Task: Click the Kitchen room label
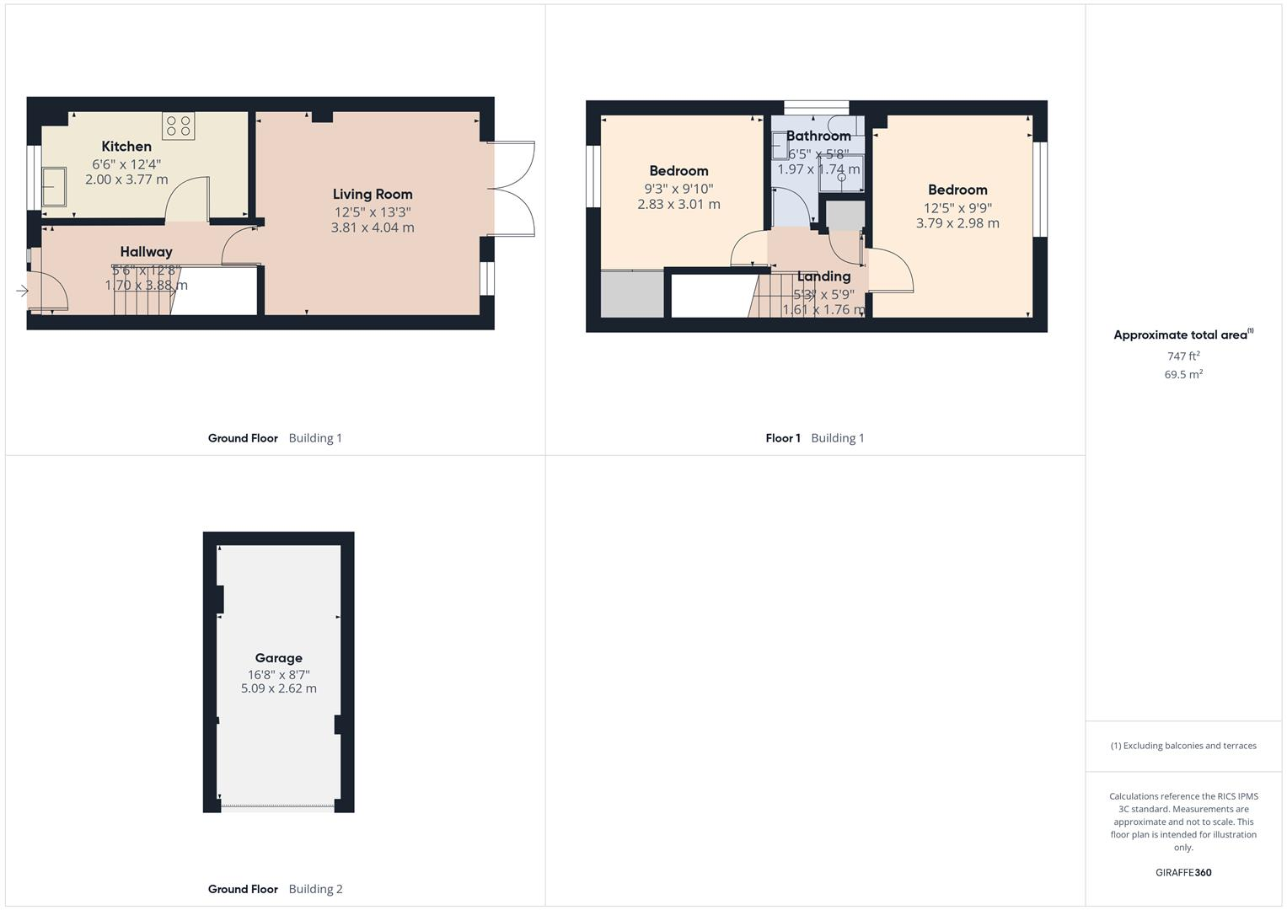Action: pos(126,147)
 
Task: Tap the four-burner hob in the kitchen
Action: pos(178,126)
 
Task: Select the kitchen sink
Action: pos(55,186)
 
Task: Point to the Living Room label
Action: pos(373,195)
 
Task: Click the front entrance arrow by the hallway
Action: pos(22,291)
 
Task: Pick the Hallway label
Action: pos(146,252)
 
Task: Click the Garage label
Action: pos(279,658)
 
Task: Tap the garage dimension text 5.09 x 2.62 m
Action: pos(279,688)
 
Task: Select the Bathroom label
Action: pos(818,136)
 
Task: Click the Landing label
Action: pos(823,276)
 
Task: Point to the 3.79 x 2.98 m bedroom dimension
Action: pos(957,223)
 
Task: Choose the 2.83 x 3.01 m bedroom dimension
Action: pos(678,204)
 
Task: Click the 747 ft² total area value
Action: pos(1183,356)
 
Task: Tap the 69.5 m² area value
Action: pos(1183,374)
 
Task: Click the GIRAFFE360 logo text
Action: pos(1183,873)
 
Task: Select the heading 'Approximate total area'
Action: pos(1180,335)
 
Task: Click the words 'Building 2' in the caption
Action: pos(315,889)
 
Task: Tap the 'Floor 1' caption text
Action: pos(783,438)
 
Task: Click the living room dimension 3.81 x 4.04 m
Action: pos(373,227)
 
